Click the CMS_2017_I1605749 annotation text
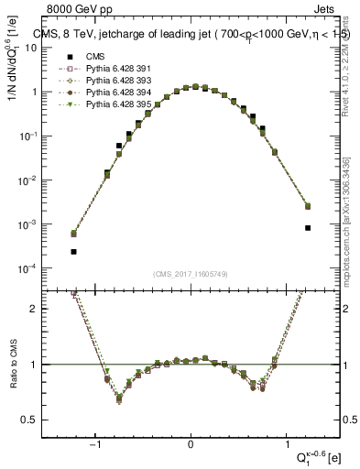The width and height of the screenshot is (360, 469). pyautogui.click(x=190, y=274)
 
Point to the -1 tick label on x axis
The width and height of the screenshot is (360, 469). pyautogui.click(x=96, y=444)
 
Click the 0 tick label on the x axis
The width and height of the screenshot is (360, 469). pyautogui.click(x=191, y=444)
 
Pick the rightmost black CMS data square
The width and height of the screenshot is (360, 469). pyautogui.click(x=308, y=228)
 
